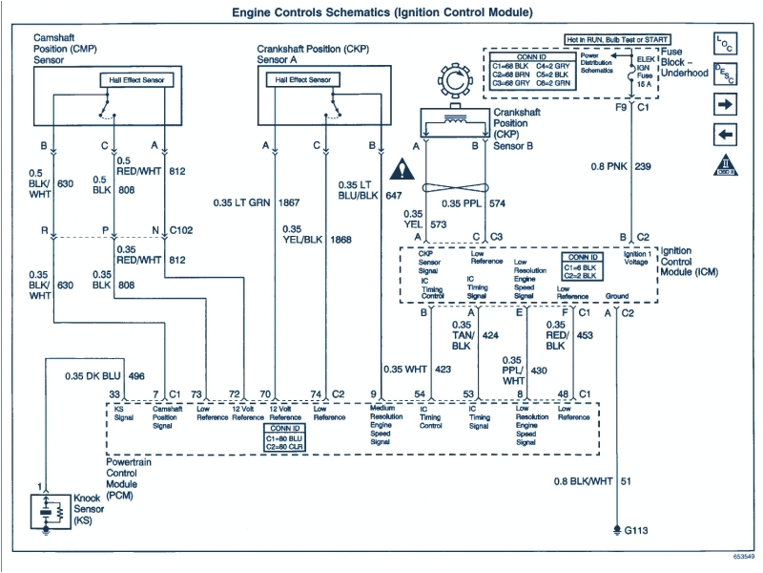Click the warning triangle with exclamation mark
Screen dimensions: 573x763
[x=409, y=172]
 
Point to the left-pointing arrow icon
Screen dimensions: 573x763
[x=725, y=134]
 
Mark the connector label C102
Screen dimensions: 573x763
[x=183, y=231]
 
